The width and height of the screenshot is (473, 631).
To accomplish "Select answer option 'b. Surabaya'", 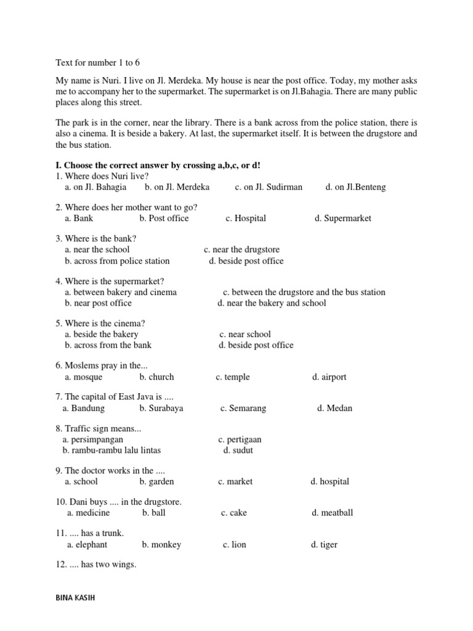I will tap(161, 408).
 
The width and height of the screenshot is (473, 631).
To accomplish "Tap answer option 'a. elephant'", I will tap(87, 545).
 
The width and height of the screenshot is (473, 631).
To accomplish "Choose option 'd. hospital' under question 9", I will tap(329, 481).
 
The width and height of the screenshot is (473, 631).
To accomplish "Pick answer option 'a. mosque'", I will tap(83, 377).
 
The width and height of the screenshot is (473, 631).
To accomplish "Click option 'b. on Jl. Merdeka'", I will tap(177, 187).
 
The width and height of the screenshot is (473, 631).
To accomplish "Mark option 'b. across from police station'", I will tap(117, 261).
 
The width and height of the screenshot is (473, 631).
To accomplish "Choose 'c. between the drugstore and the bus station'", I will tap(304, 292).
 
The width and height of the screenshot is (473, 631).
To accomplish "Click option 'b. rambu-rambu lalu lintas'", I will tap(111, 450).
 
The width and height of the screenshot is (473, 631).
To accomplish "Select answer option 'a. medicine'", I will tap(89, 513).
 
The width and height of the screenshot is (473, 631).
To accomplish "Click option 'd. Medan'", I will tap(334, 408).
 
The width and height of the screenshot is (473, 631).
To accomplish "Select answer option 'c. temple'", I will tap(233, 377).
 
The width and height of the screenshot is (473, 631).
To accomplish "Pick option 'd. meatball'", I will tap(332, 513).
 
